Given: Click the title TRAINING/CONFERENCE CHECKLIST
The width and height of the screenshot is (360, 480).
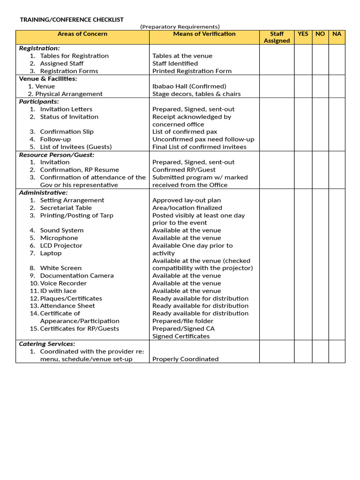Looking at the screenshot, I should point(71,20).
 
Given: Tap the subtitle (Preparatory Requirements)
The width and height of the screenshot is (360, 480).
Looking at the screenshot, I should point(180,27).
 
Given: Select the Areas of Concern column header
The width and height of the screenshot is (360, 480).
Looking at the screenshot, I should point(82,34).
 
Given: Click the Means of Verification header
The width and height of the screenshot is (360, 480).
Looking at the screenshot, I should point(204,34).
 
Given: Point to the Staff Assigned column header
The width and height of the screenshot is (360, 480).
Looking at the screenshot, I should point(277,37).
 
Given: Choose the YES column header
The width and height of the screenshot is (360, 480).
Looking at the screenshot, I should point(303,34).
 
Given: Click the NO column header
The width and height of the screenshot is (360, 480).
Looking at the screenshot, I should point(320,34).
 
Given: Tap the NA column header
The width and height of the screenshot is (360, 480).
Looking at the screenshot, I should point(337,34).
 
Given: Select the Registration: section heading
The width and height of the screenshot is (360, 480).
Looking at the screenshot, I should point(39,48).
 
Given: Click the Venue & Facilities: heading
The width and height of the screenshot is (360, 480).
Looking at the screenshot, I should point(48,79).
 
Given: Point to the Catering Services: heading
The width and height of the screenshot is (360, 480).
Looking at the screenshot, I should point(47,344).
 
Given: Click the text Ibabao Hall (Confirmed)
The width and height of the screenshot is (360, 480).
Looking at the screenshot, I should point(189,86).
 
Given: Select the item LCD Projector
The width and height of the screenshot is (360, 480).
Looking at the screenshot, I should point(61,246).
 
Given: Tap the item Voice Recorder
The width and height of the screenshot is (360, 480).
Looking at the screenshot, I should point(63,283).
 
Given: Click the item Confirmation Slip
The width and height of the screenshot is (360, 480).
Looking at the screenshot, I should point(67,132).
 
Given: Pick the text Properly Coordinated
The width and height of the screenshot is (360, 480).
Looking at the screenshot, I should point(185,359).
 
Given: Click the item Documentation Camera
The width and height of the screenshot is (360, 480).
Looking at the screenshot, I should point(77,276).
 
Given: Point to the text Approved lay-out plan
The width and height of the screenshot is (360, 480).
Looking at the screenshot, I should point(187,200).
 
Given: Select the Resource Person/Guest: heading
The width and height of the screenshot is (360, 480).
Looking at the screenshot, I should point(56,155).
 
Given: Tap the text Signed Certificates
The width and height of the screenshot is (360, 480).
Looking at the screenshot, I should point(181,336).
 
